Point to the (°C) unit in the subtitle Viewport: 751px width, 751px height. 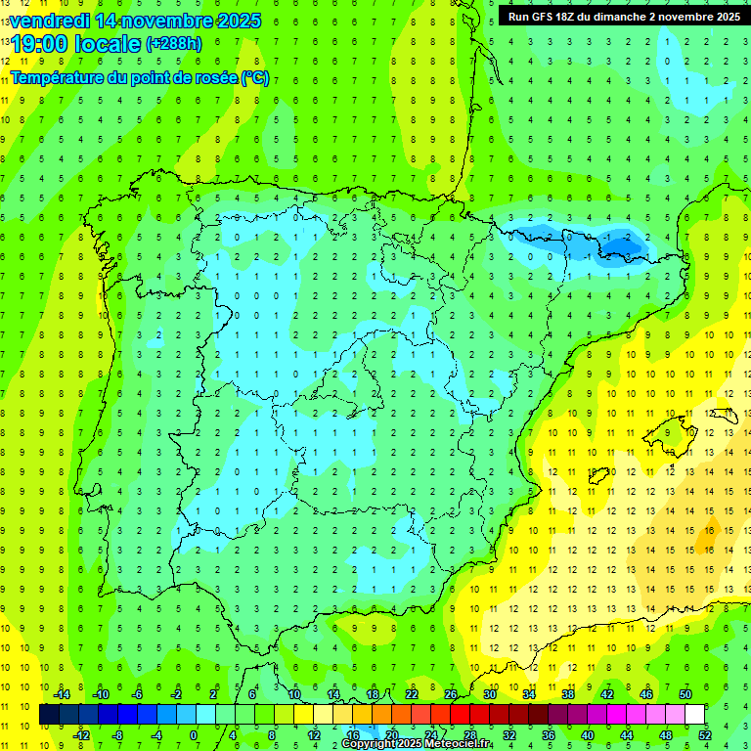coord(253,77)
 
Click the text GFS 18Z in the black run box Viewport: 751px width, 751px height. coord(547,16)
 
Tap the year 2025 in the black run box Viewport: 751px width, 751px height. coord(723,16)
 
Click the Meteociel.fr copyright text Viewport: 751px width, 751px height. coord(417,744)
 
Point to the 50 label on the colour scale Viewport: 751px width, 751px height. coord(685,694)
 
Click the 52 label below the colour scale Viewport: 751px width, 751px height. coord(705,735)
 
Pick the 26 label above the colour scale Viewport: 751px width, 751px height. coord(451,694)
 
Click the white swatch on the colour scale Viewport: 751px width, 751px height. coord(695,715)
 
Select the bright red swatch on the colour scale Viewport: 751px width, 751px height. coord(461,715)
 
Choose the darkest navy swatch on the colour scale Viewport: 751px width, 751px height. coord(50,715)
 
